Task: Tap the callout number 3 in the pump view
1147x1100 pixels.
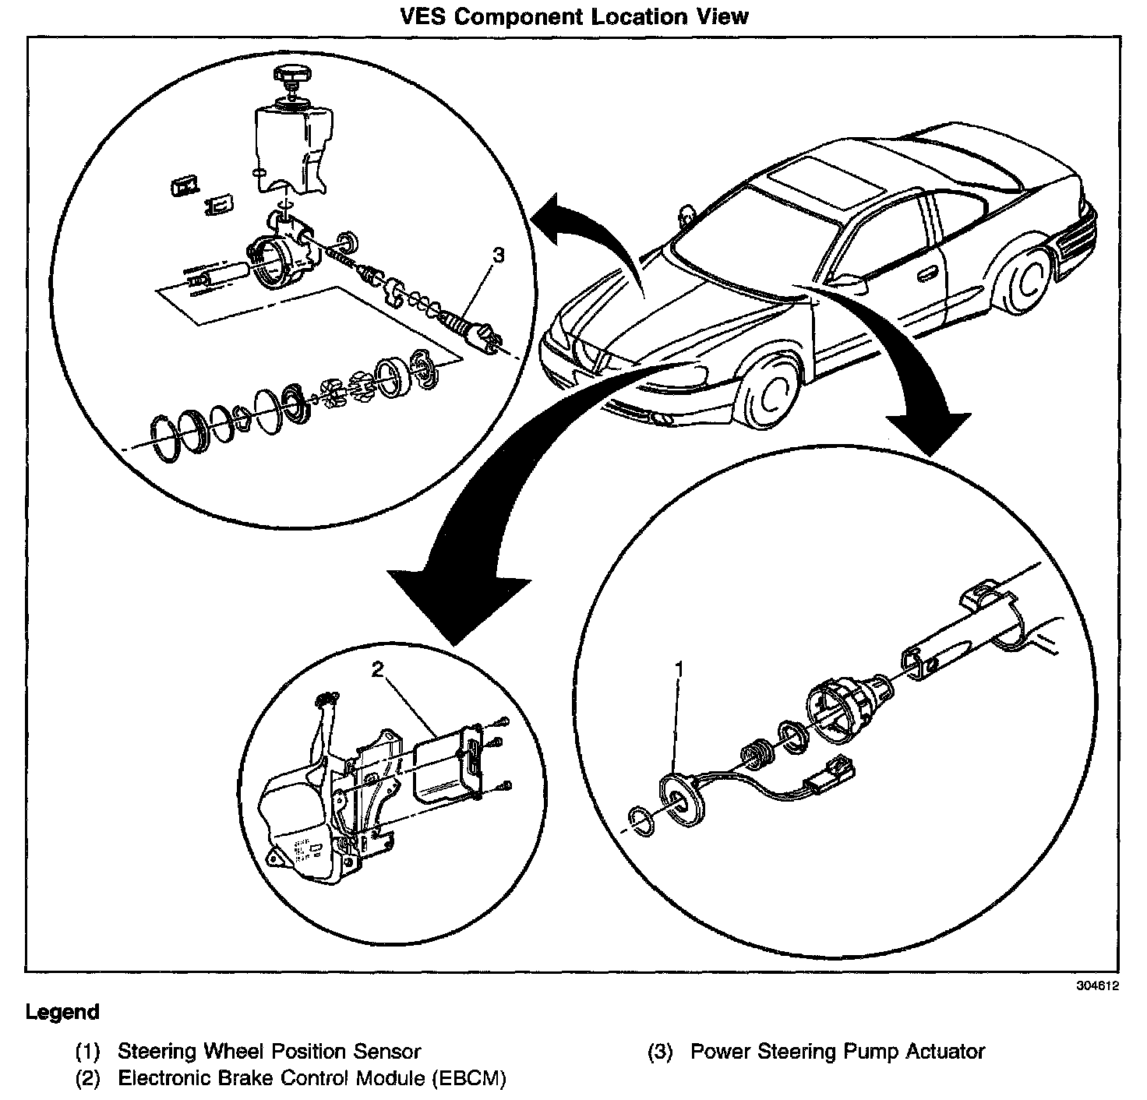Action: tap(499, 256)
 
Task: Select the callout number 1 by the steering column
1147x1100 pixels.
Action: tap(679, 669)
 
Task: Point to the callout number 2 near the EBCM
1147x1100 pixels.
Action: tap(377, 668)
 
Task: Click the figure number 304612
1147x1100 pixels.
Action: tap(1097, 985)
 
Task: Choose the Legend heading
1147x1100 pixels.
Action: tap(62, 1012)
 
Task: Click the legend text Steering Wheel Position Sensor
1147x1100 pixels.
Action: tap(270, 1051)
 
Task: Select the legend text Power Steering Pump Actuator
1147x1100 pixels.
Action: tap(838, 1051)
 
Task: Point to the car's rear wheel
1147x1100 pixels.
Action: tap(1028, 282)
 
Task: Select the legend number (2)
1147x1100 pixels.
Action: tap(88, 1078)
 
